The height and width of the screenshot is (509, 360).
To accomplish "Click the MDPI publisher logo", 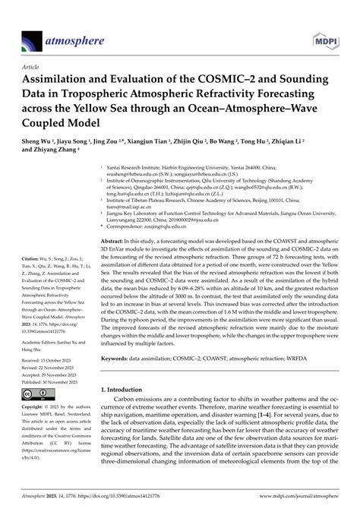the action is (x=324, y=36).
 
